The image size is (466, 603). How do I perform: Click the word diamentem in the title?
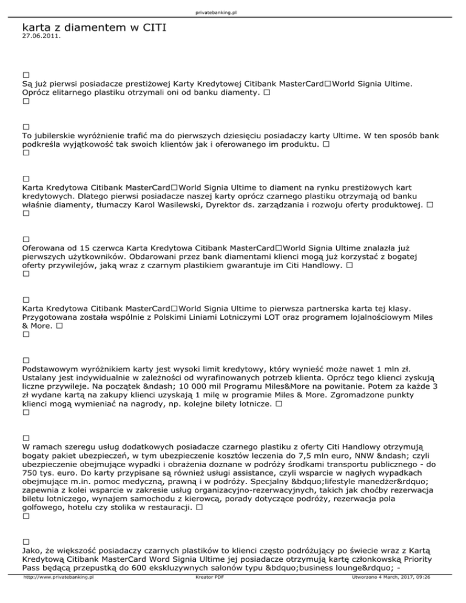pyautogui.click(x=91, y=27)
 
